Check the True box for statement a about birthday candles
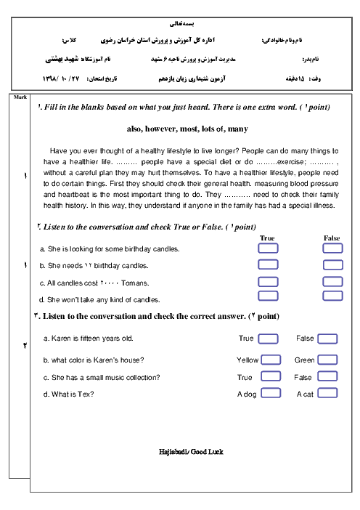pos(268,248)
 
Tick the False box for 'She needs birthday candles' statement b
pos(332,264)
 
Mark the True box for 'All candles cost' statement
pos(268,282)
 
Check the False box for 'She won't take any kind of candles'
pos(332,296)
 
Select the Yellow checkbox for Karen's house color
pos(271,360)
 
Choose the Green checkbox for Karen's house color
pos(327,360)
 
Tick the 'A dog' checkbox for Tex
pos(271,393)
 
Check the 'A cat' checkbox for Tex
pos(327,393)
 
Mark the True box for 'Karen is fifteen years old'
pos(268,339)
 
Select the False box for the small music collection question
pos(327,376)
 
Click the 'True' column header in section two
pos(267,238)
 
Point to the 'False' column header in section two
pos(332,238)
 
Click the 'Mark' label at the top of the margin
pos(20,97)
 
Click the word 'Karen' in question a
pos(61,339)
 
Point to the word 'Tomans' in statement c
pos(135,283)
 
